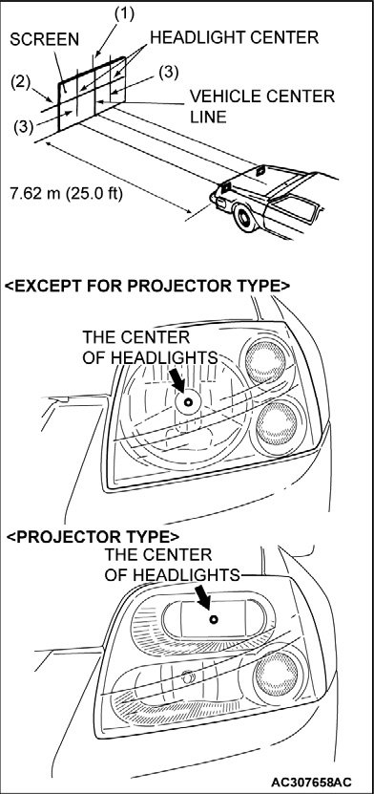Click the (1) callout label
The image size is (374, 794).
124,14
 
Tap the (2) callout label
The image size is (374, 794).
21,82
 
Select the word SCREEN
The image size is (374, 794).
45,40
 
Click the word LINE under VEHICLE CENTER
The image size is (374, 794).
208,117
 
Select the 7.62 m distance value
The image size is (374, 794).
36,194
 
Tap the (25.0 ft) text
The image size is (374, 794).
94,194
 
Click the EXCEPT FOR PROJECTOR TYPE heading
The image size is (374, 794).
148,286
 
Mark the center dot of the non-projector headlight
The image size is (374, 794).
188,402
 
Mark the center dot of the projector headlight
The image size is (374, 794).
214,619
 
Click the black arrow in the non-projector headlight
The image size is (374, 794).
177,379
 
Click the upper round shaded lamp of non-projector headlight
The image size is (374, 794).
266,361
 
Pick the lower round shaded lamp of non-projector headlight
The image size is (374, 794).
276,424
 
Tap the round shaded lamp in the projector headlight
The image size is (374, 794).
277,674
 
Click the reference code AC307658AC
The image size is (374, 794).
311,781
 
